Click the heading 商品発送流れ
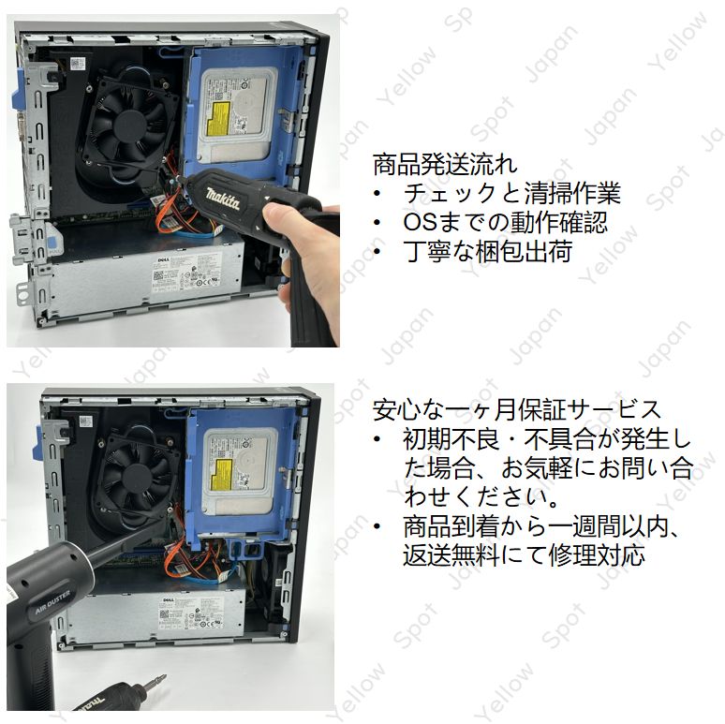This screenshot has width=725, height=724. click(444, 165)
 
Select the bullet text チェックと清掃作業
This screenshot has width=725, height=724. click(511, 194)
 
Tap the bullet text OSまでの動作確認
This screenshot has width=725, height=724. click(505, 223)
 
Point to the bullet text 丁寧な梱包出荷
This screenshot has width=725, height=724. click(487, 251)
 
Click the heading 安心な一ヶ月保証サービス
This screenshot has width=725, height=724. click(517, 409)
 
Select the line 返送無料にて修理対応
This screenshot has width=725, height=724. click(524, 554)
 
